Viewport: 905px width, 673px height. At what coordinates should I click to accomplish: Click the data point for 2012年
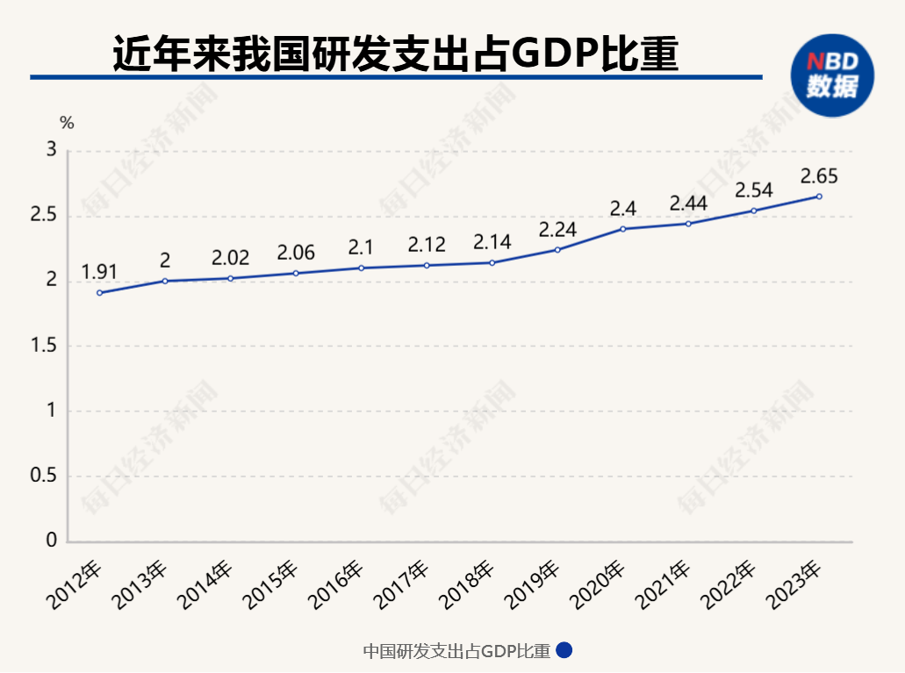point(99,292)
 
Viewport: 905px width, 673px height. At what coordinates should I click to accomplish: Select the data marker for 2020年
point(622,229)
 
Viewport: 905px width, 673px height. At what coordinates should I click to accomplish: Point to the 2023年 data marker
point(819,197)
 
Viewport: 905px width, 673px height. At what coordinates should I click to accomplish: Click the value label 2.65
point(819,176)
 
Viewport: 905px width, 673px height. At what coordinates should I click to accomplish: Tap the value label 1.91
point(99,271)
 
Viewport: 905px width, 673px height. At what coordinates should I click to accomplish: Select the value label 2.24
point(557,229)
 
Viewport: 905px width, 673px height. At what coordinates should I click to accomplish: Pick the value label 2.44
point(688,204)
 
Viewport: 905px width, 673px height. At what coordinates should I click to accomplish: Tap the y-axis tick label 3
point(51,151)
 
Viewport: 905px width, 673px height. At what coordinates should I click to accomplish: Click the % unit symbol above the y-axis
point(67,124)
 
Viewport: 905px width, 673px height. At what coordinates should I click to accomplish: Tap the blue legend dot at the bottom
point(564,651)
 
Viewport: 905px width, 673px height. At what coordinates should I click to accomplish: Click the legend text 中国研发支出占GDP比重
point(456,651)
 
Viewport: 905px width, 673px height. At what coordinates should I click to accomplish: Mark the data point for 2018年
point(492,263)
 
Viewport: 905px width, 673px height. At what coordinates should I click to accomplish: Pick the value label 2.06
point(296,253)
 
